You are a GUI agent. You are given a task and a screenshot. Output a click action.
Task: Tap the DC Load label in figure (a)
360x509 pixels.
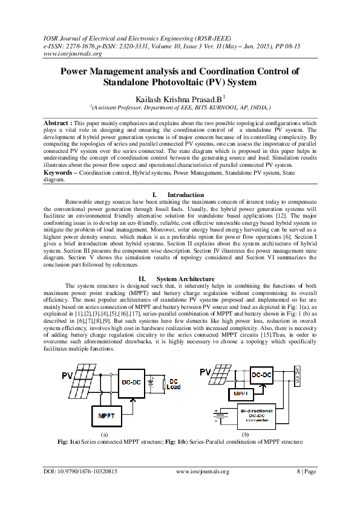[173, 384]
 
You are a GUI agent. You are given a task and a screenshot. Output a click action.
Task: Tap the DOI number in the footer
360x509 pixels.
[80, 471]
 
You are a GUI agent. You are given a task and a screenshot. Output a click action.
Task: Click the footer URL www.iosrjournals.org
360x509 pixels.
[203, 471]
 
